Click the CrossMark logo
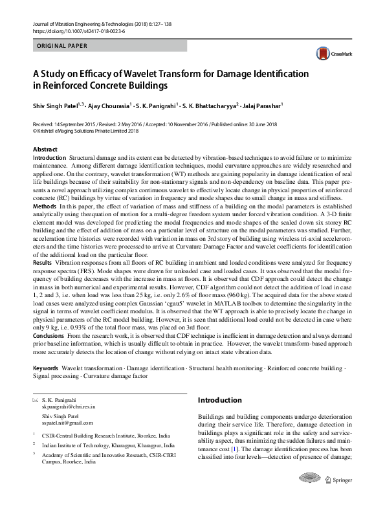click(326, 54)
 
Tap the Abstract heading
click(45, 150)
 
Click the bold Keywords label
click(45, 367)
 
